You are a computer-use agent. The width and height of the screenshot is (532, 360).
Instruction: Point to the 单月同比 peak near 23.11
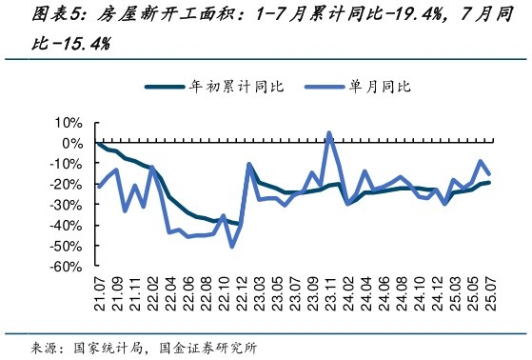click(x=329, y=133)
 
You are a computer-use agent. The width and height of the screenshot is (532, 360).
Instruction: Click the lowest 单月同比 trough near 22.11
click(x=232, y=247)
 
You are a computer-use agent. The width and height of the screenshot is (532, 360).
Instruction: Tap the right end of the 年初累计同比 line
click(x=489, y=183)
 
